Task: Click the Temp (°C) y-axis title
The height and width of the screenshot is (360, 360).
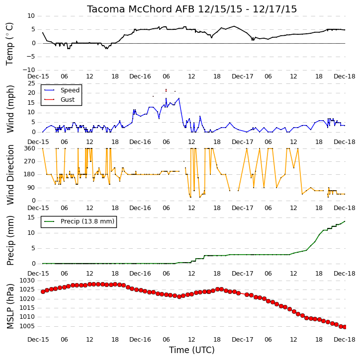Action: [x=9, y=44]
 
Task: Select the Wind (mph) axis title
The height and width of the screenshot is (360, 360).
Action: [x=10, y=109]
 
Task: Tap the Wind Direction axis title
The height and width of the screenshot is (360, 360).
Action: [x=10, y=174]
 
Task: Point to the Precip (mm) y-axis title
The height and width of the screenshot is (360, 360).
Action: [x=10, y=240]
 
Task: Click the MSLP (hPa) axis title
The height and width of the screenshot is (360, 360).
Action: [x=10, y=306]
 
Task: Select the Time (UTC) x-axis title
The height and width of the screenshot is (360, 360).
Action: [x=192, y=350]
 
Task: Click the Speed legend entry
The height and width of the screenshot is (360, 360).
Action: [x=70, y=90]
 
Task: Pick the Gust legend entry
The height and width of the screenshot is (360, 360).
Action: [x=67, y=100]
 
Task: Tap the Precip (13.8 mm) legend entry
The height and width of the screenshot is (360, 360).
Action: [x=88, y=221]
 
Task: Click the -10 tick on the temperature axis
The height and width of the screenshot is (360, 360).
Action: [x=29, y=70]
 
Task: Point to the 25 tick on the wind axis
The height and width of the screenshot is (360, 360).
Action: [x=31, y=83]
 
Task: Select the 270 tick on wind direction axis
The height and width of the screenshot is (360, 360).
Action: [x=30, y=161]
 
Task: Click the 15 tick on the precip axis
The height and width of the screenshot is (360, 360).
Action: [x=31, y=217]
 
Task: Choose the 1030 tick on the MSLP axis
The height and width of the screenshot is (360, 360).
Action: [x=27, y=281]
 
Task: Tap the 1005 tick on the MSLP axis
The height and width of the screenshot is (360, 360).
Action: [x=27, y=326]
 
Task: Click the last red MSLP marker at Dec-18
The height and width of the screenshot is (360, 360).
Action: [x=345, y=327]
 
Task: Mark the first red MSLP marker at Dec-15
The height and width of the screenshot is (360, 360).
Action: [x=43, y=291]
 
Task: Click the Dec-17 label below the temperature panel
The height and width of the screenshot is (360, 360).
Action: [x=242, y=76]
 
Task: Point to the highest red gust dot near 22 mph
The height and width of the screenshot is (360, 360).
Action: [x=166, y=89]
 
